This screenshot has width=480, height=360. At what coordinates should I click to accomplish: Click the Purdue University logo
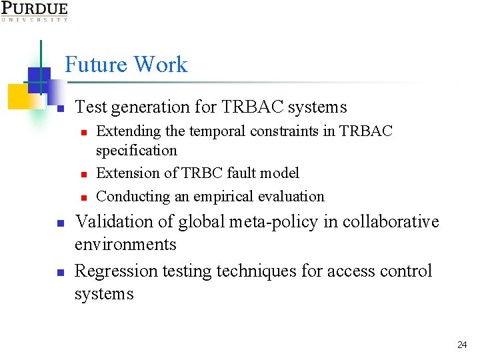coord(34,11)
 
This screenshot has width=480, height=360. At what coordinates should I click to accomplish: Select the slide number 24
coord(462,345)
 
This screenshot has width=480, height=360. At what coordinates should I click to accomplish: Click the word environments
coord(125,244)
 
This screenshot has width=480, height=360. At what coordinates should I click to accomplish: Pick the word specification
coord(137,151)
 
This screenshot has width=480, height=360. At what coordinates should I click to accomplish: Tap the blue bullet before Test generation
coord(59,108)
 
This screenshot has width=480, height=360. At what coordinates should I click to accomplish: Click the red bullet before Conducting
coord(84,197)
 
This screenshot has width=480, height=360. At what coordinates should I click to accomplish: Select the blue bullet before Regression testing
coord(59,273)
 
